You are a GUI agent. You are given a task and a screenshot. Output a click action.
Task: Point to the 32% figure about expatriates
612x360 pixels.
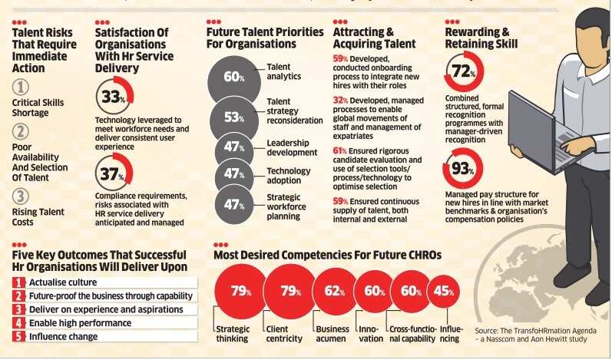339,101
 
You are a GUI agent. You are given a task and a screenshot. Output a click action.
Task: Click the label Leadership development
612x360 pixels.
292,147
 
